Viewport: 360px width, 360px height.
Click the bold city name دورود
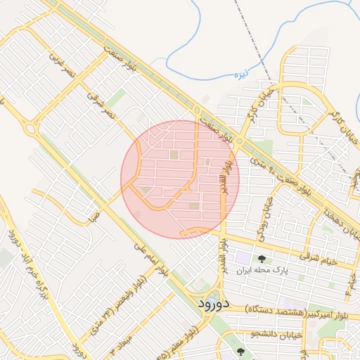(x=210, y=304)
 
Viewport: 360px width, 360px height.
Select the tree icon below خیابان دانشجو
(x=241, y=352)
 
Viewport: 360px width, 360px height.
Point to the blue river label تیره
(x=241, y=73)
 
